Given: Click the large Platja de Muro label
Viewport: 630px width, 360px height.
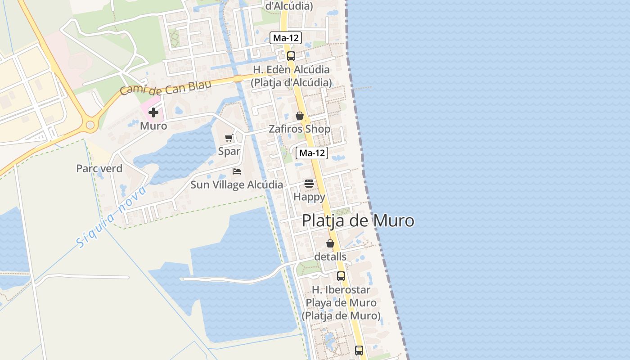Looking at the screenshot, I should click(358, 221).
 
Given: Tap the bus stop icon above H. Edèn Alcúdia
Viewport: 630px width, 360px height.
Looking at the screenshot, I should click(291, 56).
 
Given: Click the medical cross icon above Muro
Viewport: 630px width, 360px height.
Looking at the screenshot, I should click(153, 112).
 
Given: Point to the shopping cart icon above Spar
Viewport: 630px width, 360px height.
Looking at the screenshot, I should click(229, 138).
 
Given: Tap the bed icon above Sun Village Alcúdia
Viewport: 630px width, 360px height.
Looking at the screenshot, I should click(237, 171).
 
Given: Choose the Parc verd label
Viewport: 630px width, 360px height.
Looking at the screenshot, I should click(99, 169).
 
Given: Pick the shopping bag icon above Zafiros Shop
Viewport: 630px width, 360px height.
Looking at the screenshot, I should click(300, 116).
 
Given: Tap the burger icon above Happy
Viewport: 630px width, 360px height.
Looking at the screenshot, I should click(309, 184).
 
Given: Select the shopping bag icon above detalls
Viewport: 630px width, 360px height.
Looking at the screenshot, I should click(330, 243).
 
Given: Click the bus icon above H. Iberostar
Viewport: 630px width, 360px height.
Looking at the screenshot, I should click(341, 276).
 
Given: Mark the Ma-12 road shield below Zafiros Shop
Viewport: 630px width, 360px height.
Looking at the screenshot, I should click(312, 153).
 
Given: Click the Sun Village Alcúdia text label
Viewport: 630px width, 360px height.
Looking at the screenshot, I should click(237, 185).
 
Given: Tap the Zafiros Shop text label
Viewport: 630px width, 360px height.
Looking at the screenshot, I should click(300, 129).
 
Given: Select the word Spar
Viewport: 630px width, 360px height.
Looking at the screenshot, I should click(229, 151).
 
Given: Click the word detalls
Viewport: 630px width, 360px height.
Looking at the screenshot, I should click(330, 256).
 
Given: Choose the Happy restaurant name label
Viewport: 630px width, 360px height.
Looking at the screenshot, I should click(309, 197).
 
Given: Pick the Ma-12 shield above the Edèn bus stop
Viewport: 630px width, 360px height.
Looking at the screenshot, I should click(286, 38).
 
